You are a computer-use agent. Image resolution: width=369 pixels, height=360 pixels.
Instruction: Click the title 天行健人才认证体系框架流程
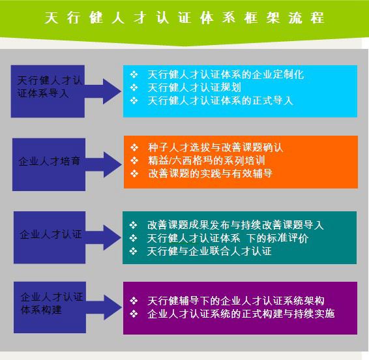click(x=184, y=18)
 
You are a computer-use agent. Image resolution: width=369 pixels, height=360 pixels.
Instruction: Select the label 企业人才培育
click(x=50, y=161)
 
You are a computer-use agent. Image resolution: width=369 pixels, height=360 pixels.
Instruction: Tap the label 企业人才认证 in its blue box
click(x=51, y=234)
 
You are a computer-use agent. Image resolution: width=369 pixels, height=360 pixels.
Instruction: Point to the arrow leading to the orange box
click(x=103, y=164)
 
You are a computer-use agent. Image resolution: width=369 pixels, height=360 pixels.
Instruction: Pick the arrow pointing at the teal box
click(x=103, y=237)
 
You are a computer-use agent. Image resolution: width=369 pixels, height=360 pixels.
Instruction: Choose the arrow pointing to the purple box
click(x=104, y=307)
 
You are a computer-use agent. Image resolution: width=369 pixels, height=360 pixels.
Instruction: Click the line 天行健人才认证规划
click(x=194, y=87)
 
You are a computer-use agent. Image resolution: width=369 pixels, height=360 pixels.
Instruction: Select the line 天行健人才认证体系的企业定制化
click(x=226, y=74)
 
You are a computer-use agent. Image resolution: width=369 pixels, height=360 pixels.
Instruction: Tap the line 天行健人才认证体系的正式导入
click(x=220, y=101)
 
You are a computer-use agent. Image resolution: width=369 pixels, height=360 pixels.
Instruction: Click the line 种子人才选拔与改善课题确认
click(x=216, y=147)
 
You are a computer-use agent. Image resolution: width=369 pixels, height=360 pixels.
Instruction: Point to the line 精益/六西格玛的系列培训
click(x=207, y=160)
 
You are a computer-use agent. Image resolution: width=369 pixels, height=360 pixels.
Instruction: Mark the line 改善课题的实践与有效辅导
click(x=211, y=173)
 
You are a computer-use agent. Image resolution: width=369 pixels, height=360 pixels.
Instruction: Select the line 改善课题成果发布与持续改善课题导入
click(x=235, y=225)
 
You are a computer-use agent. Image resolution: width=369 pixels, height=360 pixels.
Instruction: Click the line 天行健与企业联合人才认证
click(x=209, y=251)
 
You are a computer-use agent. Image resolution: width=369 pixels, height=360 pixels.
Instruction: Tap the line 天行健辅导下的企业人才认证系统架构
click(x=236, y=301)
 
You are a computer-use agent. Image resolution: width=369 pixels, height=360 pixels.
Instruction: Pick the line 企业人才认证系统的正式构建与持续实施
click(x=241, y=314)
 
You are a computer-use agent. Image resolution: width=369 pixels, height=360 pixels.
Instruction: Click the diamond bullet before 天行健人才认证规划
click(x=134, y=87)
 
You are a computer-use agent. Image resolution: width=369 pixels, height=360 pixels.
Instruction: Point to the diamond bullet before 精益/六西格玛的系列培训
click(x=134, y=160)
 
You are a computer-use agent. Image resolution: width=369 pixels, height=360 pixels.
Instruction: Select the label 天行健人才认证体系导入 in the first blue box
click(x=50, y=87)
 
